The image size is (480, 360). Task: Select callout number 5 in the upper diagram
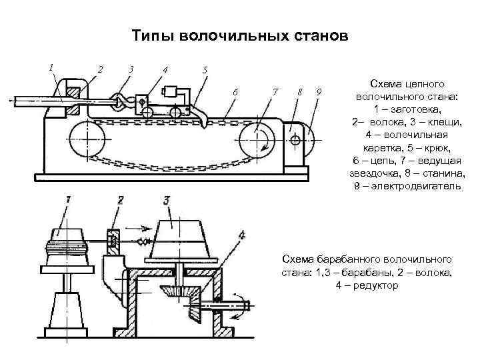click(x=205, y=69)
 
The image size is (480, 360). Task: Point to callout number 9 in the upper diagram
click(x=319, y=91)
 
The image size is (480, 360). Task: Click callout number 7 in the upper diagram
click(x=275, y=91)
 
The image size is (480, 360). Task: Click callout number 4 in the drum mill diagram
click(x=242, y=235)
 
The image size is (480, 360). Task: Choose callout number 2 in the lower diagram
click(x=120, y=199)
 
